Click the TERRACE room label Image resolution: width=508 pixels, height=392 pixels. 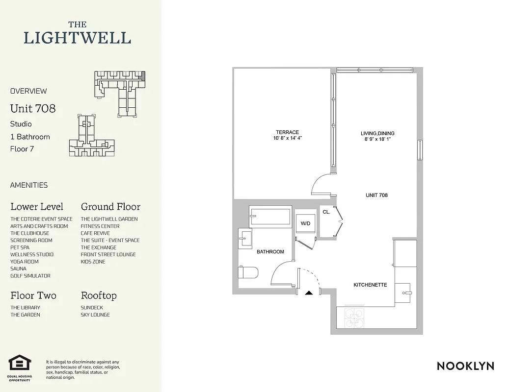tap(287, 132)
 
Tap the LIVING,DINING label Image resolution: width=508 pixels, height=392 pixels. tap(377, 133)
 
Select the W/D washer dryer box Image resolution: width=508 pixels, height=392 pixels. tap(305, 223)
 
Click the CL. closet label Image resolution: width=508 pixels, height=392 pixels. tap(326, 212)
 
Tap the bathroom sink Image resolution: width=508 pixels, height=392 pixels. tap(245, 239)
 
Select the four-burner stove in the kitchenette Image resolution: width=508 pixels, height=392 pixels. tap(355, 317)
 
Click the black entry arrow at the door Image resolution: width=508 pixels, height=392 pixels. tap(309, 293)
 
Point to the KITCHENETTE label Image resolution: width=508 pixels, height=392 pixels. tap(370, 285)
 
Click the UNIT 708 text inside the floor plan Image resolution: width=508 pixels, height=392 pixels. tap(376, 195)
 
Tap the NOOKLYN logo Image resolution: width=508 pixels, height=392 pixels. tap(465, 366)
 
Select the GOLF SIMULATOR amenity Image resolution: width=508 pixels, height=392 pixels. tap(30, 276)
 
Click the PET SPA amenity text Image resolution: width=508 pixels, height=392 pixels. tap(20, 247)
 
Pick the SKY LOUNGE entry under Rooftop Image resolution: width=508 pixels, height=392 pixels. tap(95, 315)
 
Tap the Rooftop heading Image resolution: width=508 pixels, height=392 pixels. tap(99, 295)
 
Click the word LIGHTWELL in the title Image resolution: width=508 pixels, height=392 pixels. tap(78, 38)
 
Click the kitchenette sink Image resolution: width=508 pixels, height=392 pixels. tap(405, 293)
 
